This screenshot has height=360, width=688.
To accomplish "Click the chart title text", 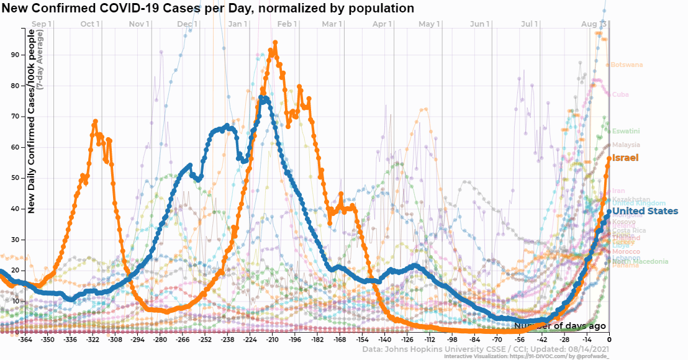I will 207,9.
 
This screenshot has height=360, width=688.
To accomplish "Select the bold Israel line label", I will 625,158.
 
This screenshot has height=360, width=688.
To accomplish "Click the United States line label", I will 645,211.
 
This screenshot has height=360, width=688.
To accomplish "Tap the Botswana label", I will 627,65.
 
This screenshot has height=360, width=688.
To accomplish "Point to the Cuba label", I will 620,94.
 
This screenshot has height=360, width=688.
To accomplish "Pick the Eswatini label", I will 626,131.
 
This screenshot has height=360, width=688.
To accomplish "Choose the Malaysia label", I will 626,145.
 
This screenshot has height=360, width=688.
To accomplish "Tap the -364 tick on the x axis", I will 25,340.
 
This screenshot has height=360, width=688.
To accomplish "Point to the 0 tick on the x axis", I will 609,340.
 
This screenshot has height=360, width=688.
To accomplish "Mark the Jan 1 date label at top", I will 237,24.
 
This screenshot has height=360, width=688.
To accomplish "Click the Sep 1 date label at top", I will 41,24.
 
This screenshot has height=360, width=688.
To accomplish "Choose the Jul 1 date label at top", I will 529,24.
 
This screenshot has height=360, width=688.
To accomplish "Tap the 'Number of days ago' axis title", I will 559,326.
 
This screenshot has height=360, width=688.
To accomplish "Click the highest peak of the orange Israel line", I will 275,43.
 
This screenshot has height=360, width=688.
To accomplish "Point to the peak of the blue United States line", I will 265,98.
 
